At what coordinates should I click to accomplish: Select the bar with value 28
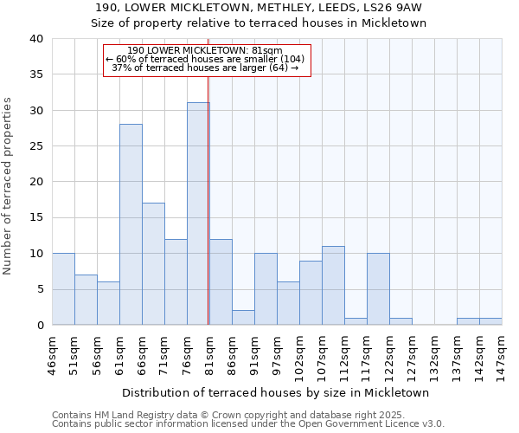[x=131, y=224]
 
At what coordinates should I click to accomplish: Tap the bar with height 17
[x=153, y=264]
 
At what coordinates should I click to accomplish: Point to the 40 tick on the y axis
[x=35, y=39]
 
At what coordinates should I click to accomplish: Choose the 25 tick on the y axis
[x=35, y=146]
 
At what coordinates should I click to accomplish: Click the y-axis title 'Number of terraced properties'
[x=8, y=185]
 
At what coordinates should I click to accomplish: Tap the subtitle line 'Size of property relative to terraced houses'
[x=259, y=23]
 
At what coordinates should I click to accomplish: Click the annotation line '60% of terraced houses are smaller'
[x=206, y=59]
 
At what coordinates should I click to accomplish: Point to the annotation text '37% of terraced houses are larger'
[x=206, y=68]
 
